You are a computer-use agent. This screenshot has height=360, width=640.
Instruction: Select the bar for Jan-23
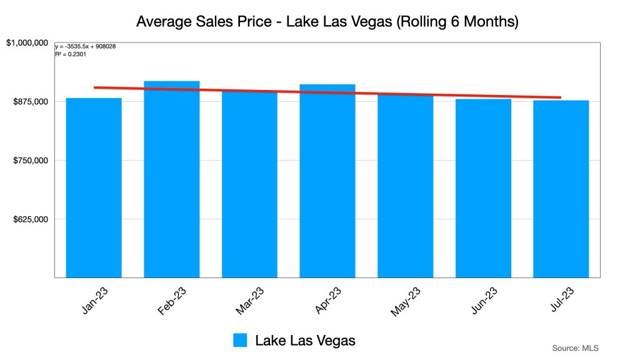point(94,187)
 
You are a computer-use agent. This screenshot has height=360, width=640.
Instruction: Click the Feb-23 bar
point(172,181)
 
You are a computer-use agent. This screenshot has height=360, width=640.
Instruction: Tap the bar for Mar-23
point(249,187)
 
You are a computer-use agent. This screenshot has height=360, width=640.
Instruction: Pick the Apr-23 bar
point(327,181)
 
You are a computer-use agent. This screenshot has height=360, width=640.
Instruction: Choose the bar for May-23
point(405,187)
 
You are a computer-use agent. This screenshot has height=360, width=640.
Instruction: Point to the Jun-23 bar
point(483,187)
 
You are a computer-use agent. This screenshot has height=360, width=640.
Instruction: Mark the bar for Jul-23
point(561,187)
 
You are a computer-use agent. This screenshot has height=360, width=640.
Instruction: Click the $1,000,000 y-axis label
point(27,42)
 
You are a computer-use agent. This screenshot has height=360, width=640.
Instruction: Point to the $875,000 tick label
point(31,101)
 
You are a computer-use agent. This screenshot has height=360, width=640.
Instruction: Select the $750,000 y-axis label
point(31,161)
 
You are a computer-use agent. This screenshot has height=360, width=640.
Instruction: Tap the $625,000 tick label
point(31,219)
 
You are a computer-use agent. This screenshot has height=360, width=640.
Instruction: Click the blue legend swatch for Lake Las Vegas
point(241,340)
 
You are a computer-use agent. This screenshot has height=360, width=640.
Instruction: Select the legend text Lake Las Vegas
point(305,341)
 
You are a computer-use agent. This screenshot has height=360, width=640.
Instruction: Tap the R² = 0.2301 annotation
point(71,54)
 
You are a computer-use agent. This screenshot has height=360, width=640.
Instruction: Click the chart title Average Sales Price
point(327,22)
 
